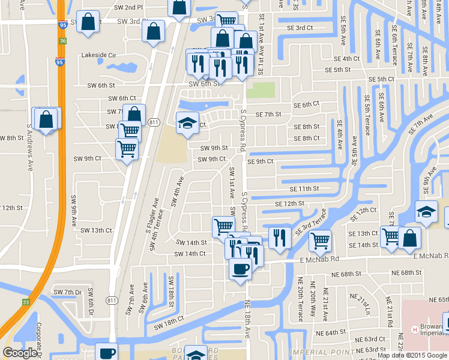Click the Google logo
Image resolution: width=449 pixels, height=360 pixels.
(20, 353)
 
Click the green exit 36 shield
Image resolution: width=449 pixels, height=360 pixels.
(63, 41)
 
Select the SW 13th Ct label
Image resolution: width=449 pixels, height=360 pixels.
(96, 230)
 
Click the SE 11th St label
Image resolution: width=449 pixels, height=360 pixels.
(304, 188)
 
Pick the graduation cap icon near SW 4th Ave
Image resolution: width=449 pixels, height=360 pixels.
(187, 123)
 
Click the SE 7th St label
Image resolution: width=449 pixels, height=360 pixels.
(268, 114)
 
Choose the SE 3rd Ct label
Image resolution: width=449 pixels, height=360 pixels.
(300, 28)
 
